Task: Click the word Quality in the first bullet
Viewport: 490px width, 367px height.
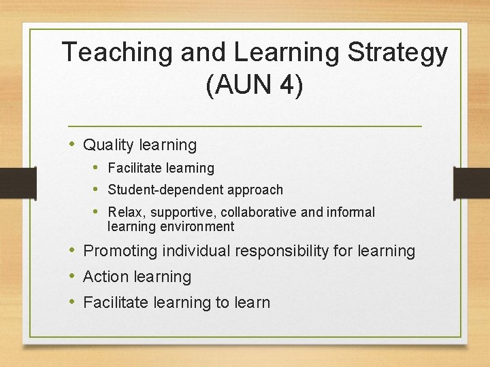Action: point(108,145)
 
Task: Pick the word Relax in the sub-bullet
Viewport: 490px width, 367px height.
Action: point(122,212)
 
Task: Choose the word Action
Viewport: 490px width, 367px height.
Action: point(105,277)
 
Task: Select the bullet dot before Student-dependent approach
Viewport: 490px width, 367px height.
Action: point(98,189)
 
